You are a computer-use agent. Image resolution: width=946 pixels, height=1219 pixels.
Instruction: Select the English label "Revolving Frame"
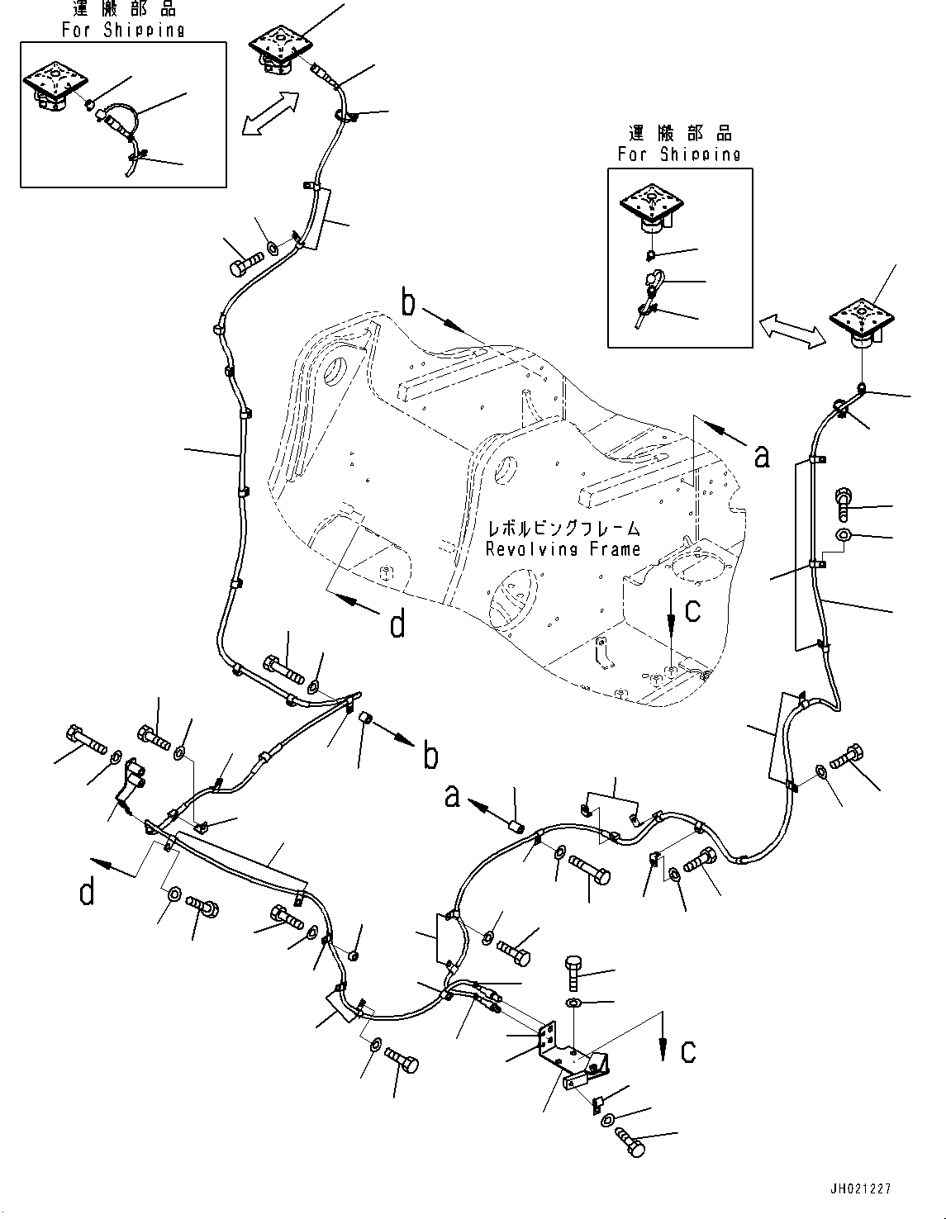(x=563, y=549)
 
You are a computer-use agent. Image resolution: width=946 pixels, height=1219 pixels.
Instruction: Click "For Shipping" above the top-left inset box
(x=123, y=31)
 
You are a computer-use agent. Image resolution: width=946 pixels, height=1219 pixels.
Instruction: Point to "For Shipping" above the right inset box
(x=679, y=154)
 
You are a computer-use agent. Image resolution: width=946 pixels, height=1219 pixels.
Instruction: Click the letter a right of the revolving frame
(x=762, y=455)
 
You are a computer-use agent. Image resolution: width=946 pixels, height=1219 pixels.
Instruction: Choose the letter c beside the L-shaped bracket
(x=687, y=1050)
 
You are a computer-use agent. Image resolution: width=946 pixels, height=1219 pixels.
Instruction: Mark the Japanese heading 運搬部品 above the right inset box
(x=679, y=133)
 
